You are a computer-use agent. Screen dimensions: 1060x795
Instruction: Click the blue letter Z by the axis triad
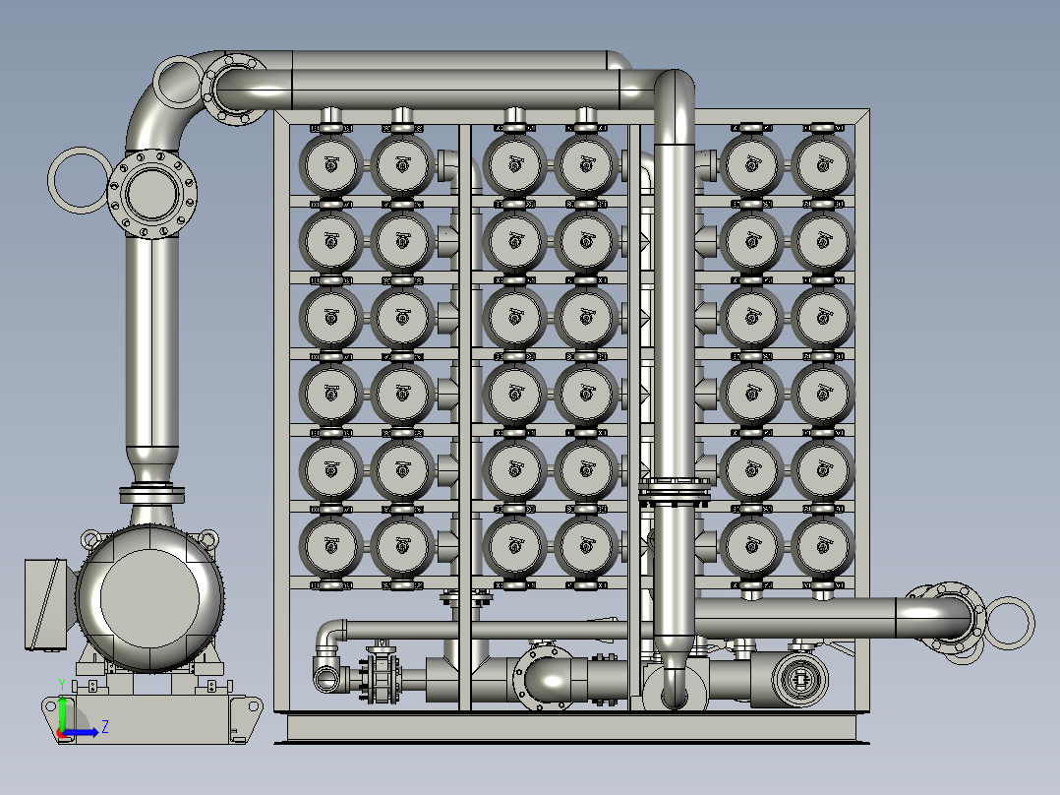click(x=105, y=727)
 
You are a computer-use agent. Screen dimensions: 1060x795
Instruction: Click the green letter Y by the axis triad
click(x=62, y=685)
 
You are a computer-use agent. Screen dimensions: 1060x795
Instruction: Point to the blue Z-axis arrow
click(x=80, y=732)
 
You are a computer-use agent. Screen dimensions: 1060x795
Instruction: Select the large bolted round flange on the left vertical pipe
click(x=152, y=194)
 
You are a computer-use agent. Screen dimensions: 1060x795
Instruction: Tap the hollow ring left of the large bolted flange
click(x=51, y=181)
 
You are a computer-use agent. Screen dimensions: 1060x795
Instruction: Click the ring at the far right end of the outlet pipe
click(x=1030, y=623)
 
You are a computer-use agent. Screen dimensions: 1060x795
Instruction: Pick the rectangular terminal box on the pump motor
click(x=44, y=604)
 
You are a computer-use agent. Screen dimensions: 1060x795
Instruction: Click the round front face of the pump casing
click(x=150, y=598)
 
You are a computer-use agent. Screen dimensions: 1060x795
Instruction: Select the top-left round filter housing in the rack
click(x=330, y=164)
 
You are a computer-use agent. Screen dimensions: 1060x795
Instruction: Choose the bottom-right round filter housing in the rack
click(x=822, y=545)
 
